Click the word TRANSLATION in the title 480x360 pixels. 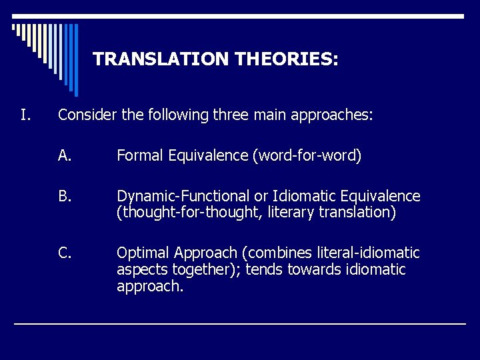pyautogui.click(x=161, y=59)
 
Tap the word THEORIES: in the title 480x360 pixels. pyautogui.click(x=287, y=59)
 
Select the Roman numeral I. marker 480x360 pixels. pyautogui.click(x=25, y=115)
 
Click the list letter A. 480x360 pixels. pyautogui.click(x=65, y=156)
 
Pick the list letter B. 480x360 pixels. pyautogui.click(x=65, y=197)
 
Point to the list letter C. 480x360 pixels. pyautogui.click(x=65, y=253)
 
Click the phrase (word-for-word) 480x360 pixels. pyautogui.click(x=307, y=156)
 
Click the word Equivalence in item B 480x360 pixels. pyautogui.click(x=381, y=197)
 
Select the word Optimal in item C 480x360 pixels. pyautogui.click(x=143, y=253)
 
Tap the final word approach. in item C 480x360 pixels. pyautogui.click(x=150, y=287)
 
